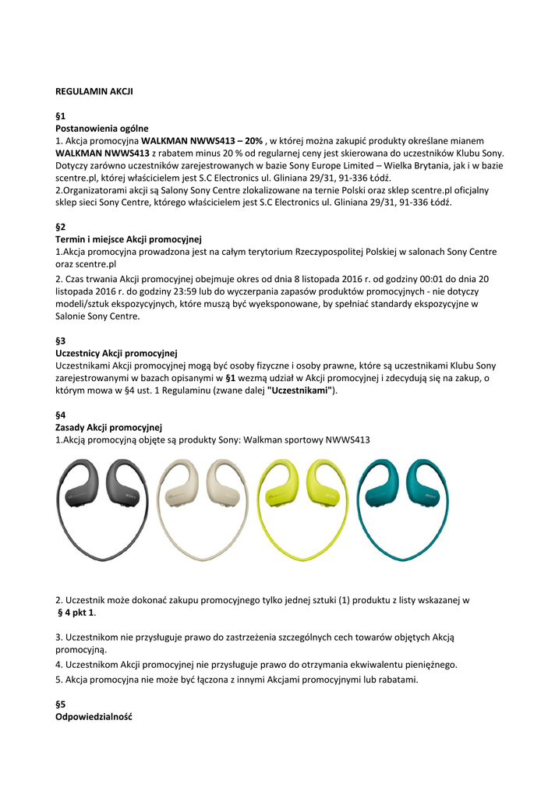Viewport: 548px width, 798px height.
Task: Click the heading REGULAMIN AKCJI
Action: pyautogui.click(x=94, y=91)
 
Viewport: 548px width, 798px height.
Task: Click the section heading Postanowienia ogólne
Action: pyautogui.click(x=101, y=128)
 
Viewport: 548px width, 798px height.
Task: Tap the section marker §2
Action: pyautogui.click(x=61, y=227)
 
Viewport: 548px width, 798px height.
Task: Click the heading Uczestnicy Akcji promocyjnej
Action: pyautogui.click(x=117, y=353)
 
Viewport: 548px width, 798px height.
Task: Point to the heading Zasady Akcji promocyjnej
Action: pyautogui.click(x=108, y=427)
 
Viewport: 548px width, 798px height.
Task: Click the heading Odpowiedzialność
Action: pyautogui.click(x=94, y=716)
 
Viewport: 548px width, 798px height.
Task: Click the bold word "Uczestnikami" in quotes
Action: pyautogui.click(x=300, y=390)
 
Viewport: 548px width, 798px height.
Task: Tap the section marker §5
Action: pyautogui.click(x=61, y=704)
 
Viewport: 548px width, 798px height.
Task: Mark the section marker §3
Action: pyautogui.click(x=61, y=341)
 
